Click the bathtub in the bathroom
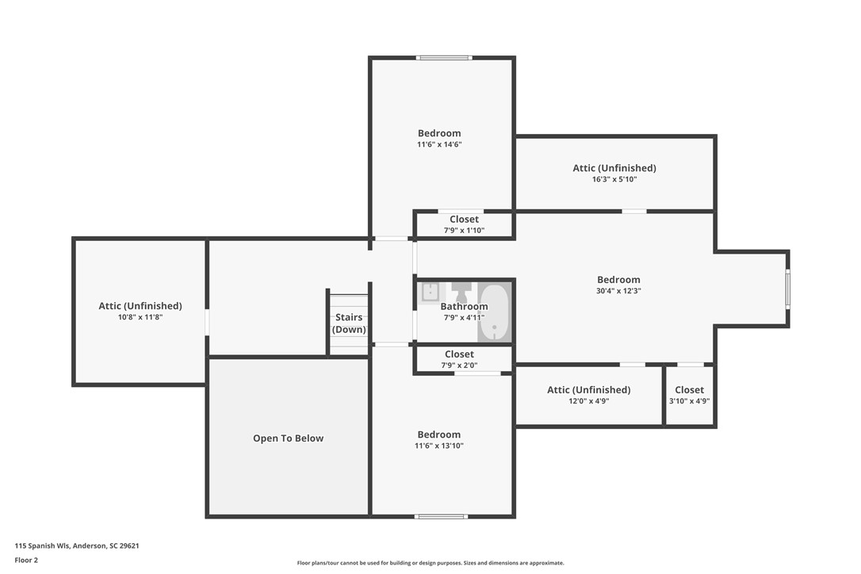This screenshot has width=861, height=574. (x=494, y=312)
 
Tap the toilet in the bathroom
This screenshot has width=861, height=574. (x=461, y=291)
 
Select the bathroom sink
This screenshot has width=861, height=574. (x=430, y=292)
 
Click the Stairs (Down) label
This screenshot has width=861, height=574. (x=349, y=323)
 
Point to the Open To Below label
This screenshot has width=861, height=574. (x=288, y=438)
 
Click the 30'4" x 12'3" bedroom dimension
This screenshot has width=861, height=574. (x=618, y=291)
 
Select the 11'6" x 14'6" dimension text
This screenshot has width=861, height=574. (x=439, y=144)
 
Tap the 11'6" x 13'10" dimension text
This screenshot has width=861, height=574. (x=439, y=446)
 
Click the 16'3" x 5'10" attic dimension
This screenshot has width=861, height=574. (x=614, y=179)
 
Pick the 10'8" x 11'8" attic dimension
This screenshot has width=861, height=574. (x=140, y=317)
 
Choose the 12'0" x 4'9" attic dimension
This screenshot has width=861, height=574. (x=588, y=401)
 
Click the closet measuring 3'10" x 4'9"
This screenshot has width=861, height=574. (x=689, y=395)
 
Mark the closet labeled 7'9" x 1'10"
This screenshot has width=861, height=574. (x=464, y=224)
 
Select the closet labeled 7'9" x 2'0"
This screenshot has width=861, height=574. (x=459, y=359)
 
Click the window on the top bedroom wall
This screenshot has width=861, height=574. (x=444, y=57)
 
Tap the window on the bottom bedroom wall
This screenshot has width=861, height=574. (x=441, y=517)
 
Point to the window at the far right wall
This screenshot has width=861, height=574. (x=787, y=289)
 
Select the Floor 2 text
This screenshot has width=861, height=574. (x=26, y=560)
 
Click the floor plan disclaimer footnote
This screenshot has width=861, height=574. (x=430, y=563)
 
